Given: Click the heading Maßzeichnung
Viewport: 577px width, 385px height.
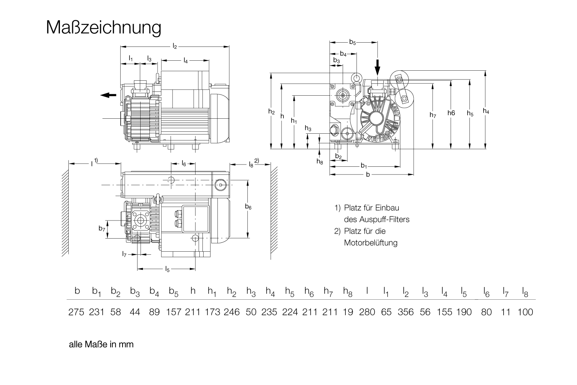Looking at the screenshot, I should (x=103, y=28).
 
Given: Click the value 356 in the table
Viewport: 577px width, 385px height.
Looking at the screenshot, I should (x=406, y=312).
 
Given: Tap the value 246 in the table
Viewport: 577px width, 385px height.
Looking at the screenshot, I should (x=232, y=312).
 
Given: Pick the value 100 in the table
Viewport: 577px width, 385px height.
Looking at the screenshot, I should (x=525, y=312).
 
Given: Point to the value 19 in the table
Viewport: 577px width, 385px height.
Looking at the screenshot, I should (x=348, y=312).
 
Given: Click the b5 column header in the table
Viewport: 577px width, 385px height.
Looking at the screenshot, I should (x=174, y=292).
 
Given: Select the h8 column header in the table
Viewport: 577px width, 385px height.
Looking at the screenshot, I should (x=348, y=292).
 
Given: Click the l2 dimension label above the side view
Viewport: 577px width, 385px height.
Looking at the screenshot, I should (x=175, y=46).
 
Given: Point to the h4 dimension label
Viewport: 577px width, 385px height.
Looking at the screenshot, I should (x=486, y=111).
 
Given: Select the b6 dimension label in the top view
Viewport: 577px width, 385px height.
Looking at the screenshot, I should (x=248, y=207).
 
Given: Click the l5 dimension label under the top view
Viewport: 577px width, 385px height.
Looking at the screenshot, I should (x=167, y=269).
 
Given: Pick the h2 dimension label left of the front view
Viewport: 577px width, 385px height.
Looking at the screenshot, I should (x=272, y=112).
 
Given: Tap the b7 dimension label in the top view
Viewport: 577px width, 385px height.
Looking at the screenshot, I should (x=101, y=229).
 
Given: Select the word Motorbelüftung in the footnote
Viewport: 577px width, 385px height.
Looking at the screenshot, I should (x=371, y=243).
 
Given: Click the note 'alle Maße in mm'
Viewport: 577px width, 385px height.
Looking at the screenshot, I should (x=101, y=344).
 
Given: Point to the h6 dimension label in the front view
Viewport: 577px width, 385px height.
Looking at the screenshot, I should (x=451, y=113).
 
